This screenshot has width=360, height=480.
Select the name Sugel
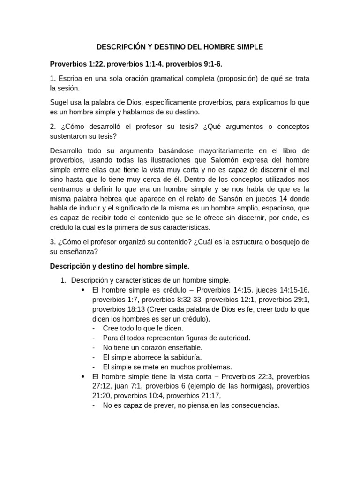(x=59, y=102)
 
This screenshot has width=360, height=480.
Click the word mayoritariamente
(x=200, y=150)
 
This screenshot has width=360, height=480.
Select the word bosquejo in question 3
(x=282, y=242)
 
